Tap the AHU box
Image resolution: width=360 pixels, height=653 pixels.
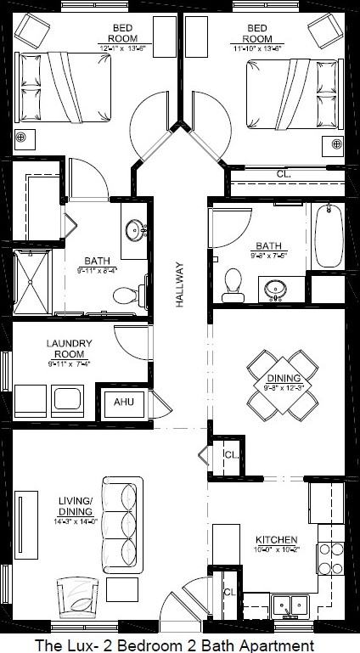point(124,402)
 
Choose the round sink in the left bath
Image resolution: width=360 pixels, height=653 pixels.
point(135,229)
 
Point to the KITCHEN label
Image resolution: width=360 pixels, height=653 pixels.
point(276,539)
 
